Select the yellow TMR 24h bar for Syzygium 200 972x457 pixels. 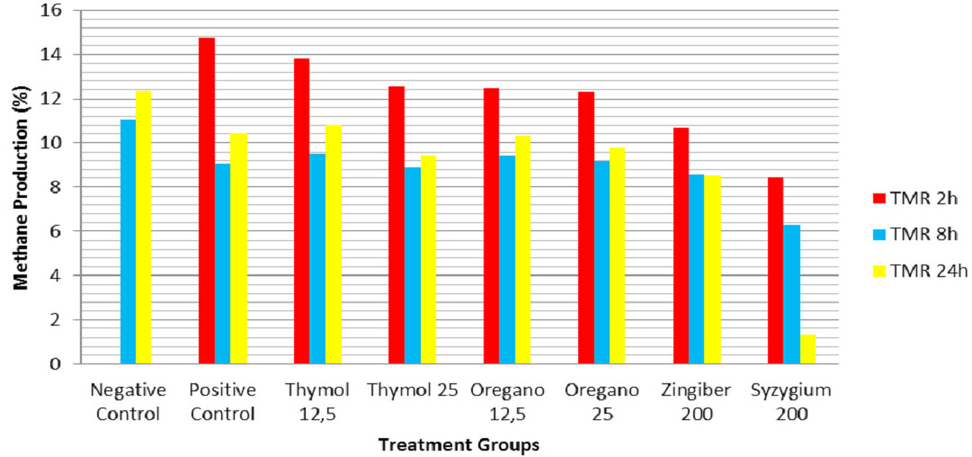(807, 349)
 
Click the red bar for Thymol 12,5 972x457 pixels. (301, 211)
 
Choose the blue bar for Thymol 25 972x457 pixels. (412, 265)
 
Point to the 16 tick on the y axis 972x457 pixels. (58, 12)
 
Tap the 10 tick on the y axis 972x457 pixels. (58, 143)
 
